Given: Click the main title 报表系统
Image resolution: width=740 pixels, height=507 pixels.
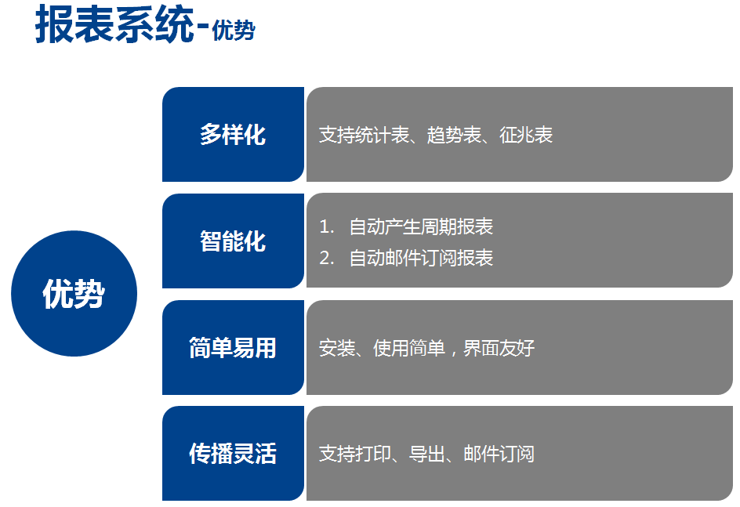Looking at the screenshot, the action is coord(114,24).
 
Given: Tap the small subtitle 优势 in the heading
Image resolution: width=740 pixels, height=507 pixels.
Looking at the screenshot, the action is coord(233,31).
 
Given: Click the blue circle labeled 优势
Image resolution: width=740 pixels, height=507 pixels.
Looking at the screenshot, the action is coord(74,293).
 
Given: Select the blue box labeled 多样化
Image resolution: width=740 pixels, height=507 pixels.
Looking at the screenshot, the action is coord(233,135).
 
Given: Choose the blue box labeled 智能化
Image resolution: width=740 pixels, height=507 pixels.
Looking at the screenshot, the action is coord(233,241).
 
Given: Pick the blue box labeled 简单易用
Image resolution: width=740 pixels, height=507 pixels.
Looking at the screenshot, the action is coord(233,348).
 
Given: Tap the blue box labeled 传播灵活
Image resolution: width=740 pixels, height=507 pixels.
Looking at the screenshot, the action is coord(233,453).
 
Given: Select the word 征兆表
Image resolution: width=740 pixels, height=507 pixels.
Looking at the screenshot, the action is coord(526,135).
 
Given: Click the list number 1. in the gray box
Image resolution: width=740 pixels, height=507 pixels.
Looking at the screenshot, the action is coord(327,226).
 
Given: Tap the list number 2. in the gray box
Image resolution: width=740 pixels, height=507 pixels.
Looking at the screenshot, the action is coord(327,258).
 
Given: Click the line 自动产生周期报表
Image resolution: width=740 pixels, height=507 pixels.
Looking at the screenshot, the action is coord(422,226).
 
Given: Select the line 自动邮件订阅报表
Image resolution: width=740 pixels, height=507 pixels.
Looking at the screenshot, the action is coord(422,258).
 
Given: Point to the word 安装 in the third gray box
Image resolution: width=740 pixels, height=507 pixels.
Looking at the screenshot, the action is coord(337,348).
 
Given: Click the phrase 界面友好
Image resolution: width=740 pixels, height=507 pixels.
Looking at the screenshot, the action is coord(499,348).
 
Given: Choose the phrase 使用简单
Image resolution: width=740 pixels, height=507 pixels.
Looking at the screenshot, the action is coord(409,348).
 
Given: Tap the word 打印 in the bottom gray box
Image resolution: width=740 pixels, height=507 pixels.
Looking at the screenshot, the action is coord(373,454).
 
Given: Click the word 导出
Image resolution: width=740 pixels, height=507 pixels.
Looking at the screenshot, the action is coord(427,454).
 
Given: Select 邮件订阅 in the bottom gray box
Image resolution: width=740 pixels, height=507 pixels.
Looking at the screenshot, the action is coord(499,454).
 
